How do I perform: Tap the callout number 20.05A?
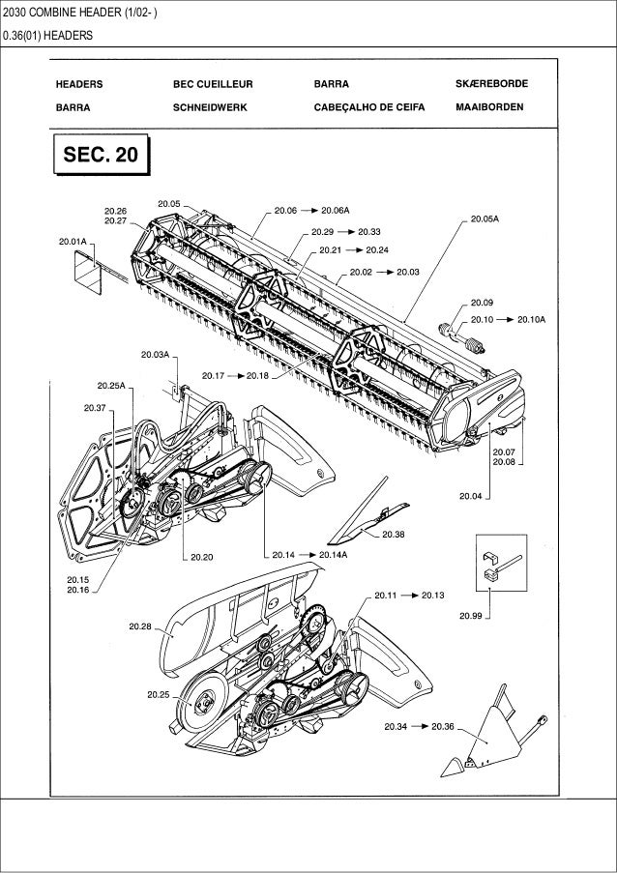click(x=485, y=219)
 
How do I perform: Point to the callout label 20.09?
click(x=483, y=302)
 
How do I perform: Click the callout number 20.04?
click(x=471, y=498)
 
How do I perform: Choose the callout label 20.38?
click(x=394, y=534)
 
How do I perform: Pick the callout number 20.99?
click(x=471, y=614)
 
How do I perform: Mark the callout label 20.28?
click(x=140, y=626)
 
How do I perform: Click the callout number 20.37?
click(x=95, y=408)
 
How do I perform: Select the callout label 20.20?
click(x=201, y=556)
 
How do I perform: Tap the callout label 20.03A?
click(x=155, y=354)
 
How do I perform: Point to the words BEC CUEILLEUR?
click(x=211, y=84)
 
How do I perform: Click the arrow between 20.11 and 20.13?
click(x=409, y=596)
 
